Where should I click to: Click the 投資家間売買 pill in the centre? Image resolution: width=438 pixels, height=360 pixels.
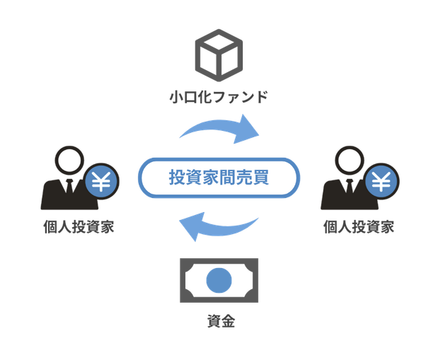[x=219, y=178]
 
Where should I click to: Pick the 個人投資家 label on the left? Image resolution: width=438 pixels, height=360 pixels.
[x=77, y=228]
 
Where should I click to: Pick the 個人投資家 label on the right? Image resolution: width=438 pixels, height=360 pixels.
[x=357, y=228]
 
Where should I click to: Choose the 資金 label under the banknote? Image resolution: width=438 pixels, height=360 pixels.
[x=219, y=322]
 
